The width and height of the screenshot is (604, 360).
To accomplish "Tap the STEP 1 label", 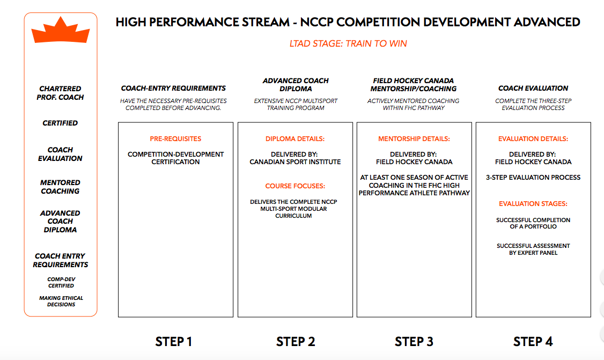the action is [x=174, y=342].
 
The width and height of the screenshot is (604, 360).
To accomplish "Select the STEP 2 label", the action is [x=296, y=342].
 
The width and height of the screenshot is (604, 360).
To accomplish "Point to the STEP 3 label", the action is [x=414, y=342].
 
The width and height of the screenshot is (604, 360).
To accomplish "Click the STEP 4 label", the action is [x=533, y=342].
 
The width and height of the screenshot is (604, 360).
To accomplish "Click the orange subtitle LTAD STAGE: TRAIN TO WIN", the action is [x=348, y=43].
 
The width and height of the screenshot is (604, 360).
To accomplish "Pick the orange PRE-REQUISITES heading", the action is [x=175, y=139].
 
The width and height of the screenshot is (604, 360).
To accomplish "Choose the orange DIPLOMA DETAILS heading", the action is [x=295, y=139].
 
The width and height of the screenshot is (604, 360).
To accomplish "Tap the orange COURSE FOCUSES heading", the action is [x=295, y=186].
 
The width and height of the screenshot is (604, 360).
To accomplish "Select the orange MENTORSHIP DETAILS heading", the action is [x=414, y=139].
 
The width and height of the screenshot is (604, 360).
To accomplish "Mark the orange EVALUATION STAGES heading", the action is [x=533, y=204].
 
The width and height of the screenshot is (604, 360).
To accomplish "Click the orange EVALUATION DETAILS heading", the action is [x=533, y=139].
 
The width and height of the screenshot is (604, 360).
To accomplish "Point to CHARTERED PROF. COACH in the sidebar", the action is [x=60, y=93].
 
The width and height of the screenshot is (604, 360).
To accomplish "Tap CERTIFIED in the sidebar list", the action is [x=60, y=123].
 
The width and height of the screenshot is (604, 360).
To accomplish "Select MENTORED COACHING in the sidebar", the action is [x=60, y=187].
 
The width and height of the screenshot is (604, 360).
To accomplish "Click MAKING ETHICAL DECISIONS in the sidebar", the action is [x=61, y=302].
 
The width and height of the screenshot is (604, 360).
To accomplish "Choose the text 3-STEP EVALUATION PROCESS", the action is [x=533, y=177].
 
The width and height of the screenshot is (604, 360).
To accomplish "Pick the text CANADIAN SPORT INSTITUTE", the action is [x=295, y=162].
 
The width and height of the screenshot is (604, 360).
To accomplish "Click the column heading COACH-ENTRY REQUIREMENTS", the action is [x=173, y=89].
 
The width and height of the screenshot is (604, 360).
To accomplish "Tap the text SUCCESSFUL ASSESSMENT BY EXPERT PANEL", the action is [x=533, y=249].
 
